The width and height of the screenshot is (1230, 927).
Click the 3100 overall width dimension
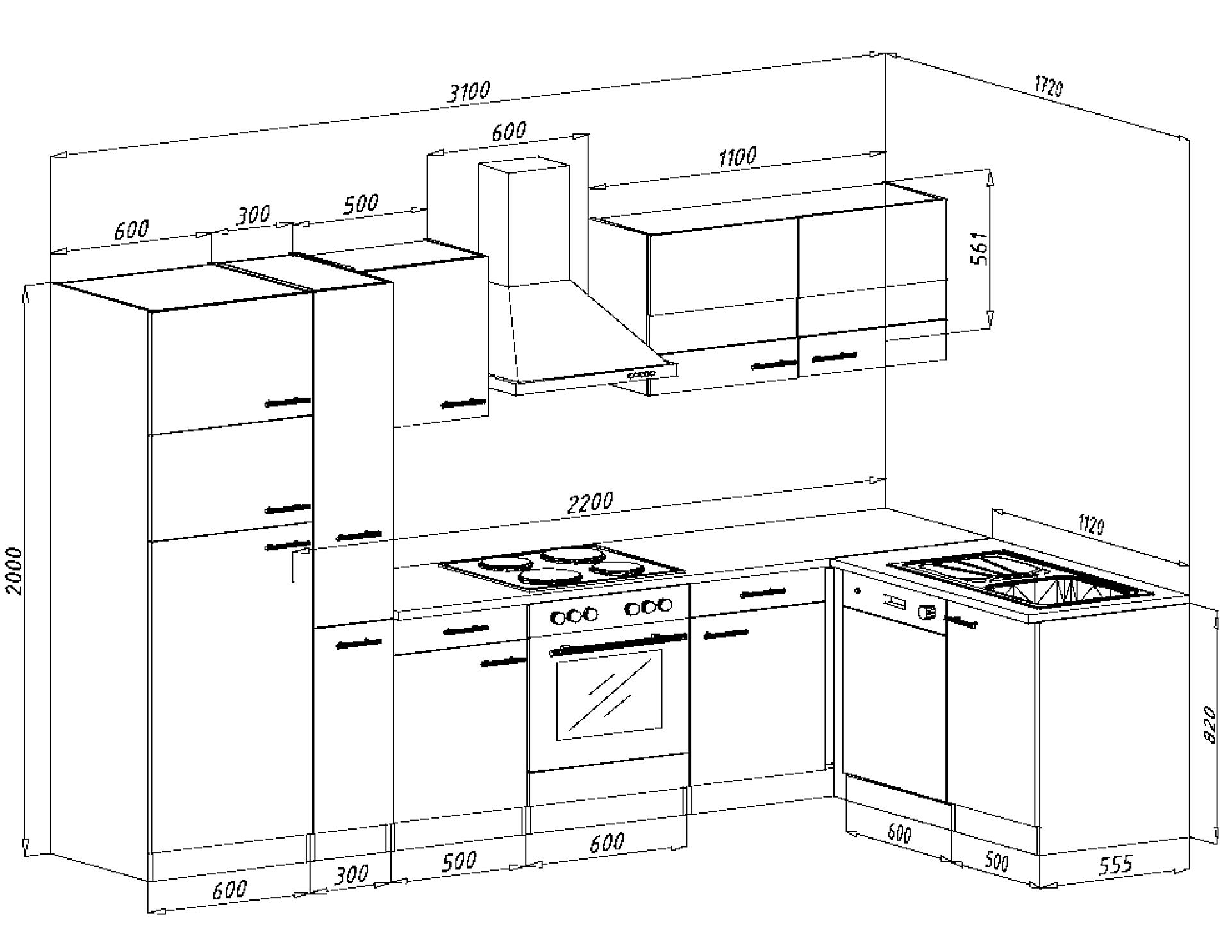point(469,92)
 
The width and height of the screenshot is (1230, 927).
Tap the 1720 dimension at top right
point(1049,87)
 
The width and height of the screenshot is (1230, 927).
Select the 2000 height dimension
point(14,571)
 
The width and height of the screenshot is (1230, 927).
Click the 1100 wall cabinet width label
point(738,157)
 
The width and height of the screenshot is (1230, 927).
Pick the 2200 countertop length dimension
point(590,503)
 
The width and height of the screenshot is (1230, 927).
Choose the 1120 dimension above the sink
point(1092,526)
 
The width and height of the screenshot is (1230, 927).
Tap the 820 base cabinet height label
point(1209,724)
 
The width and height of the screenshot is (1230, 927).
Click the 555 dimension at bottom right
point(1116,865)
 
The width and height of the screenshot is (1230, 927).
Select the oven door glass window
point(609,694)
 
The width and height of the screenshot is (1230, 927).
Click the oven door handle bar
point(618,644)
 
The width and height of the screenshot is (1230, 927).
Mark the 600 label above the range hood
point(509,132)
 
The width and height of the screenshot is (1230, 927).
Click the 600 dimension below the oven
point(606,842)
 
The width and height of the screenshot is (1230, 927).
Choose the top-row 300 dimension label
point(253,215)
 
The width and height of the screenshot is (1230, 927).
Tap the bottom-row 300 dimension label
point(352,874)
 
